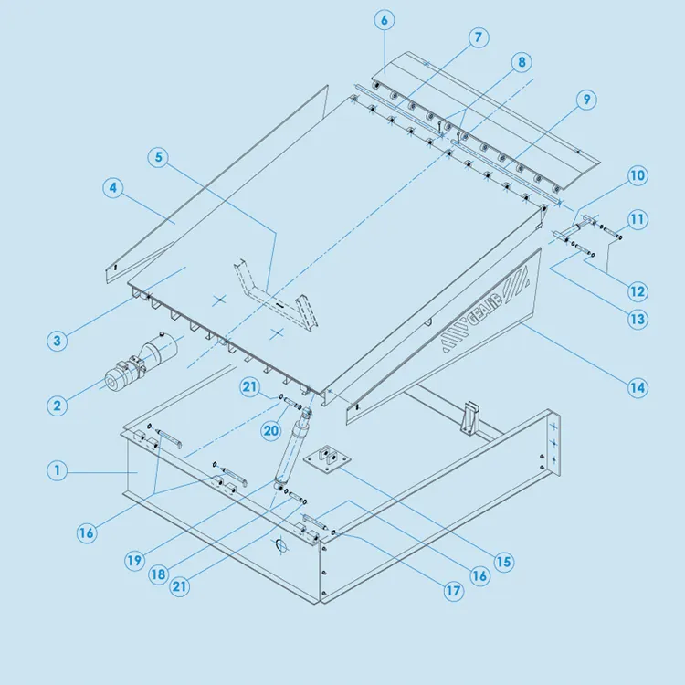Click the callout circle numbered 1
pyautogui.click(x=57, y=471)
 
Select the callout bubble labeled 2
pyautogui.click(x=57, y=405)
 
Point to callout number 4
pyautogui.click(x=112, y=188)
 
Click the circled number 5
pyautogui.click(x=159, y=157)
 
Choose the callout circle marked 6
pyautogui.click(x=382, y=20)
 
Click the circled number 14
pyautogui.click(x=638, y=387)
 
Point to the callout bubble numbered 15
pyautogui.click(x=503, y=562)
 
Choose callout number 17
pyautogui.click(x=454, y=591)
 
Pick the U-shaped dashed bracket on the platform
pyautogui.click(x=269, y=293)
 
